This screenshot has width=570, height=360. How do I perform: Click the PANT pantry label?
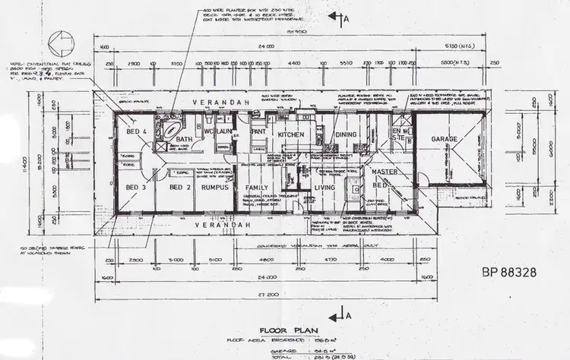pos(258,131)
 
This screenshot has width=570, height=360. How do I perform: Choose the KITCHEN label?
pos(290,134)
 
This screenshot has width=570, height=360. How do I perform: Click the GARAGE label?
pos(444,139)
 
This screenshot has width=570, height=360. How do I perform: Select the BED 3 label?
pos(137,187)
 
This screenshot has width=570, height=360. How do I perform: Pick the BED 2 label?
pos(179,187)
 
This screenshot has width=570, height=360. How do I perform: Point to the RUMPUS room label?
pos(216,187)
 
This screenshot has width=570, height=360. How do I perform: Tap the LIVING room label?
pos(325,187)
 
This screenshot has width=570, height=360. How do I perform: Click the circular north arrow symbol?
pos(60,43)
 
